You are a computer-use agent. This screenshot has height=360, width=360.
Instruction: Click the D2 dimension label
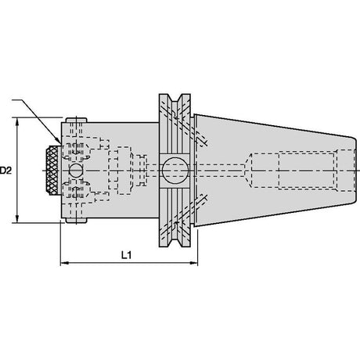point(5,171)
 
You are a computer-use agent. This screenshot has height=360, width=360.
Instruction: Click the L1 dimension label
point(127,255)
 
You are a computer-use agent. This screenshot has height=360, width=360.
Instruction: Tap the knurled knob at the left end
point(52,171)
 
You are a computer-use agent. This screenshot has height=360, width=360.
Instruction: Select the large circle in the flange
point(175,171)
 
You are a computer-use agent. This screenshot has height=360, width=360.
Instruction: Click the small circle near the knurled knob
point(76,171)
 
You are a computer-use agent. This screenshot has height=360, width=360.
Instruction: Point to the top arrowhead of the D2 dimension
point(17,121)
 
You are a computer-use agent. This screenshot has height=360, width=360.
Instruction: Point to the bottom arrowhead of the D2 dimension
point(17,219)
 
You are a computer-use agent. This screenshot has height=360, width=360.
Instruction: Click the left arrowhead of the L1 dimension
point(64,263)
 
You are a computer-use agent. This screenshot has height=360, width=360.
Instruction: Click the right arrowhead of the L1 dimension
point(194,263)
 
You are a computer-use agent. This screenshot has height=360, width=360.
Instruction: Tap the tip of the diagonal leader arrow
point(60,143)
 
